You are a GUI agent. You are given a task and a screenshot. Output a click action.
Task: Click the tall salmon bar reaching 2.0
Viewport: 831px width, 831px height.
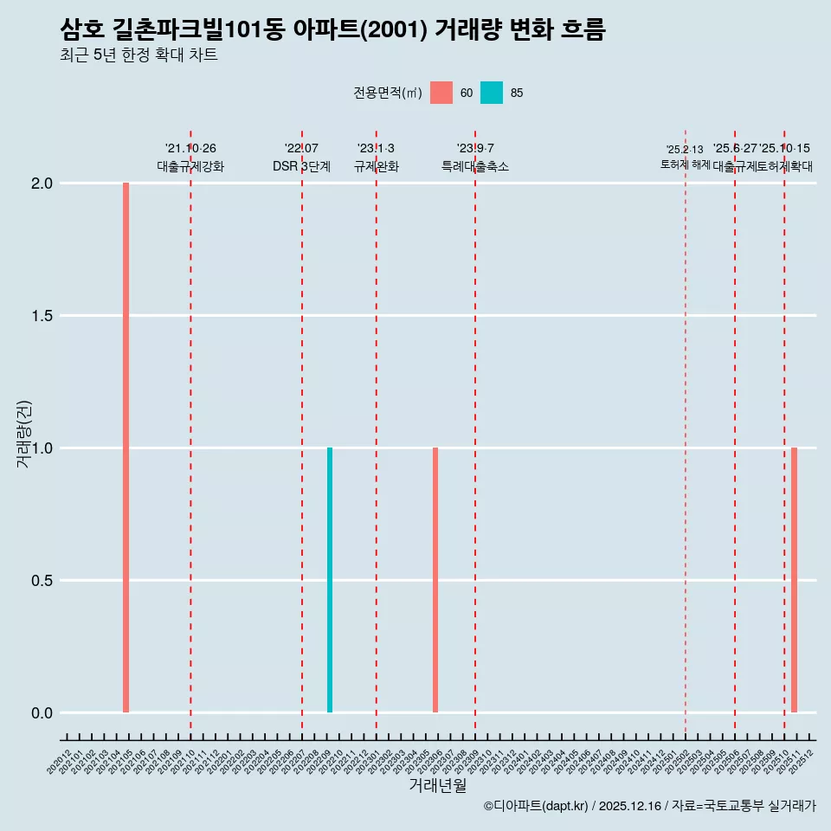[126, 448]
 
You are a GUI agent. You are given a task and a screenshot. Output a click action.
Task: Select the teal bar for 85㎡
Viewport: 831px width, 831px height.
[330, 580]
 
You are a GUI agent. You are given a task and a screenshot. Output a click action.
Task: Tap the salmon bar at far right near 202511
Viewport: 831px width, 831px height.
[794, 580]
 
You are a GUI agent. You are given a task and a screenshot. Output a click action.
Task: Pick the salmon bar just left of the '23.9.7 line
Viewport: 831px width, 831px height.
[435, 580]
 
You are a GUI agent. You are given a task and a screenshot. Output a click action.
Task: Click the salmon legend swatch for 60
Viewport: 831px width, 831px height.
[441, 93]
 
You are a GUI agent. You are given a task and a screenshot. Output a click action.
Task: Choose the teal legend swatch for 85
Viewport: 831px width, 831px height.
[492, 93]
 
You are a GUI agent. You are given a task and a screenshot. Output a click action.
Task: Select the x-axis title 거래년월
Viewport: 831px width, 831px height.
[437, 786]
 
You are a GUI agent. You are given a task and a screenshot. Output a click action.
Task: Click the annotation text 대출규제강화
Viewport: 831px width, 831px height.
[190, 166]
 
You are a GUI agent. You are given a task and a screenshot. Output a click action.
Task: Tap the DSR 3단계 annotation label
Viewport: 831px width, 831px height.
[302, 166]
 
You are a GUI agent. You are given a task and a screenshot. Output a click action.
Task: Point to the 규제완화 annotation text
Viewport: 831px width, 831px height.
[377, 166]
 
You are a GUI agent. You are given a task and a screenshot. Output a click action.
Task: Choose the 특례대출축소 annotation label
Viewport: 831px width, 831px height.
[475, 166]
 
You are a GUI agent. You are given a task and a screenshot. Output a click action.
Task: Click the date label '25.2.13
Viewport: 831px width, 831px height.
[685, 150]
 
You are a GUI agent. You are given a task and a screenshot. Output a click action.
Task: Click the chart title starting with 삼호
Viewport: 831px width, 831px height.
[333, 29]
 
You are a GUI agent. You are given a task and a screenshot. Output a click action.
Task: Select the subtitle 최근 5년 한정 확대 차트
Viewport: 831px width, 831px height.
[138, 55]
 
